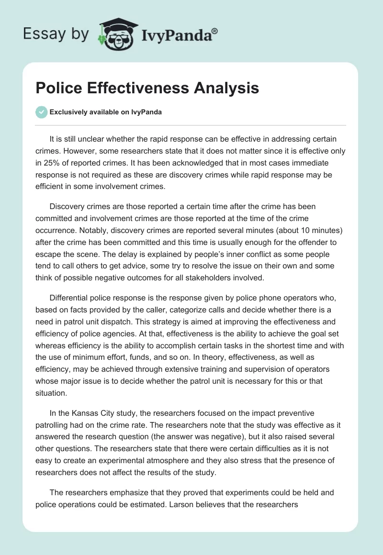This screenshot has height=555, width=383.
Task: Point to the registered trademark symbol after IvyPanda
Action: tap(215, 31)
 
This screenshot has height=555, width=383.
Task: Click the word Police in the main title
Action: tap(56, 89)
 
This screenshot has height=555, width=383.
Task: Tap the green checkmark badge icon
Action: tap(41, 112)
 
